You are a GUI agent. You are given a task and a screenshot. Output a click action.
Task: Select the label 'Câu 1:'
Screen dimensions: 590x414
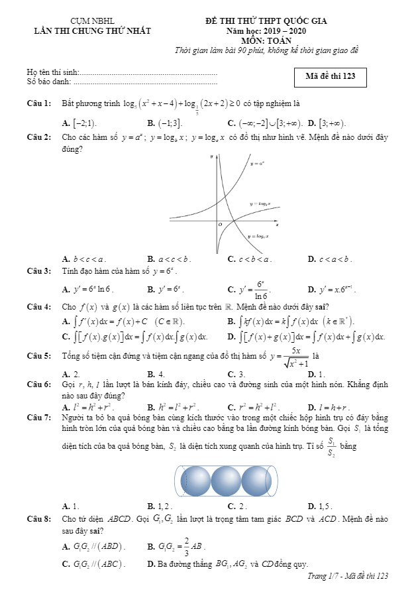click(39, 103)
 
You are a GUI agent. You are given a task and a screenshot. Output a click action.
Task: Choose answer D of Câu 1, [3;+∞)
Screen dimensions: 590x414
click(332, 123)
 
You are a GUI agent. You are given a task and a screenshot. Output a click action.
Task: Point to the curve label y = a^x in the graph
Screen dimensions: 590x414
click(258, 162)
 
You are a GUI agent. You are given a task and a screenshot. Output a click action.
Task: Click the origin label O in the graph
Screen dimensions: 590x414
click(221, 225)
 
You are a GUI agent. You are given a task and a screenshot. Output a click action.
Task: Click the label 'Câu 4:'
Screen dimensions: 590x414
click(39, 307)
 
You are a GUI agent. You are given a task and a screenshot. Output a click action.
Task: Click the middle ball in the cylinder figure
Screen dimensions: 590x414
click(227, 479)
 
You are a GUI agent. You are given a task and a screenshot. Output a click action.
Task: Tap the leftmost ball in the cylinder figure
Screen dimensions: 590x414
click(195, 479)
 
